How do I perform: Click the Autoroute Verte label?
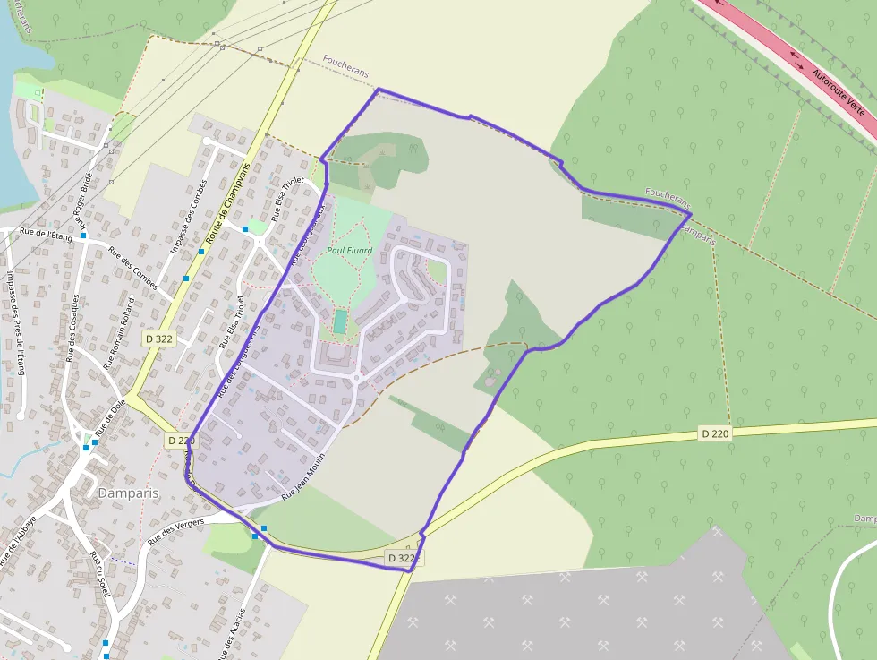coord(839,93)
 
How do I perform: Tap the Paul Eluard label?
coord(349,251)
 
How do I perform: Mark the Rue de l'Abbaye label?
coord(18,542)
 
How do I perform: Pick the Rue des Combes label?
coord(132,273)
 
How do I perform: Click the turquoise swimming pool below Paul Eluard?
coord(341,321)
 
